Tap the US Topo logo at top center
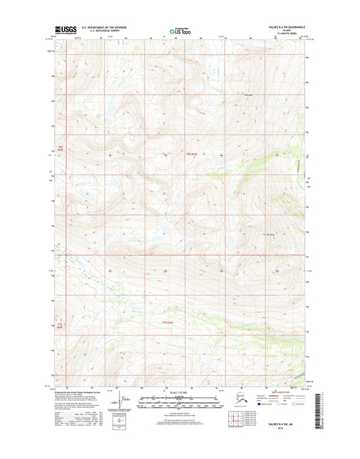click(180, 30)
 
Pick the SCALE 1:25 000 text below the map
click(180, 393)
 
